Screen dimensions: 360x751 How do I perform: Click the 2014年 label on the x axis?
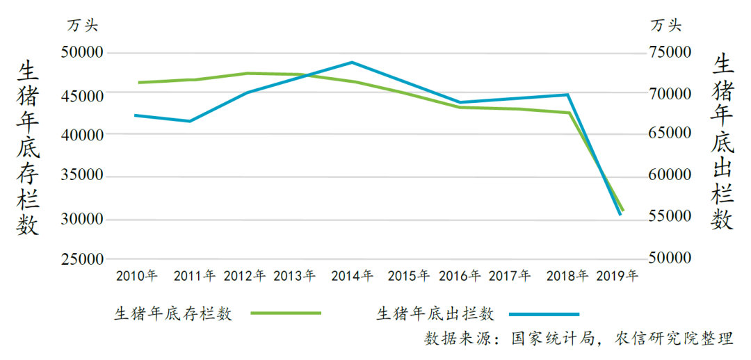point(352,275)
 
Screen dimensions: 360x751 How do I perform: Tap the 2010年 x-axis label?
point(137,275)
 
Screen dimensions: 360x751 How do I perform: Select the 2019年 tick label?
point(617,275)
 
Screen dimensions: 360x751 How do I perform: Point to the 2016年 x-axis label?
point(460,275)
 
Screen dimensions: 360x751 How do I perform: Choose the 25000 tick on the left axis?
point(82,260)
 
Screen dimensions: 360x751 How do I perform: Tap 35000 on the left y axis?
point(82,177)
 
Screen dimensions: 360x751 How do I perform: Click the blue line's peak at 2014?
point(352,63)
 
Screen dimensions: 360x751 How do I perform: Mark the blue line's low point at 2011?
point(190,121)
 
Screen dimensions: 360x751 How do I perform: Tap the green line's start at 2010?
point(139,83)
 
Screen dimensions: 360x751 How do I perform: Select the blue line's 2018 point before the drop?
point(568,95)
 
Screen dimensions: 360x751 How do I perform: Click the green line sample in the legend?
point(286,313)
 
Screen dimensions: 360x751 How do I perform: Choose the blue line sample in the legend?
point(543,313)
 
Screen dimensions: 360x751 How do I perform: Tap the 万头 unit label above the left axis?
point(83,26)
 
